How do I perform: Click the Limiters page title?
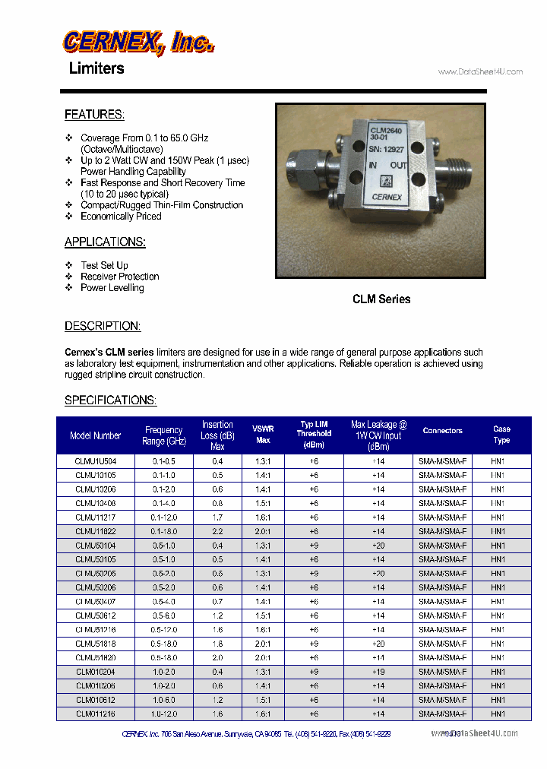coord(96,68)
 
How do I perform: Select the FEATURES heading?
coord(94,115)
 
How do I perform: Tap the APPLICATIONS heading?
coord(105,242)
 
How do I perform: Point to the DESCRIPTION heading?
coord(103,326)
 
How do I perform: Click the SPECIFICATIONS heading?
coord(110,400)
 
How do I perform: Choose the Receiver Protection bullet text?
coord(120,277)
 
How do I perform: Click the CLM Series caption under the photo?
coord(381,299)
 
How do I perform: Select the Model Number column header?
coord(96,435)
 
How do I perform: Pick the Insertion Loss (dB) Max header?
coord(217,435)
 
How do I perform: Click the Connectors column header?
coord(443,431)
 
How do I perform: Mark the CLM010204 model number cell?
coord(96,672)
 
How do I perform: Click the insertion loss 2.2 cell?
coord(217,531)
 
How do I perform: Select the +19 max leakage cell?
coord(378,672)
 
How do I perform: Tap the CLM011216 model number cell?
coord(96,714)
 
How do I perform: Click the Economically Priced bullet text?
coord(122,217)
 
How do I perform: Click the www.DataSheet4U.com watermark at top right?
coord(481,72)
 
